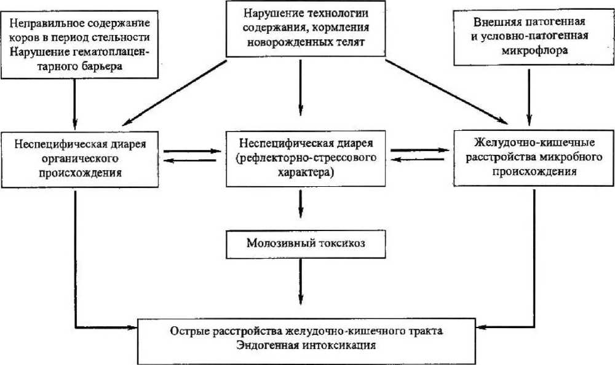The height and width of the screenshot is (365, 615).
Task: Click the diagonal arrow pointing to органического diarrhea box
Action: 172,92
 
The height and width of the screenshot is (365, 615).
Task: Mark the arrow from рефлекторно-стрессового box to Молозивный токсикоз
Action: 301,203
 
